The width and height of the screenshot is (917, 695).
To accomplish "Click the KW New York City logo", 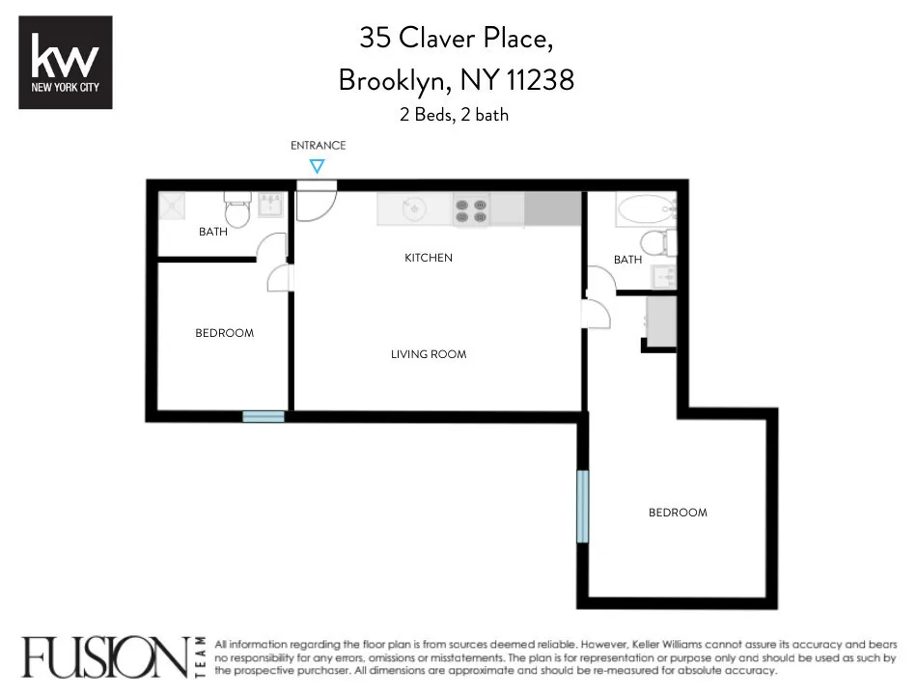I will pos(66,62).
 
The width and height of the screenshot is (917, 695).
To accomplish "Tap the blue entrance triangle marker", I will pos(317,166).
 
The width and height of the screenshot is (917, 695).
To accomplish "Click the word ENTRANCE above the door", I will pos(318,146).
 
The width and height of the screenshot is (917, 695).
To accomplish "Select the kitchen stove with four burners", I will pos(470,210).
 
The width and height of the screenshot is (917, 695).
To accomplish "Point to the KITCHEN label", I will pos(428,258).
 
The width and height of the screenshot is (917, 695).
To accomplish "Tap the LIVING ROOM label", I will pos(428,354).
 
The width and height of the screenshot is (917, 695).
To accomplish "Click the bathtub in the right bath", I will pos(644,208).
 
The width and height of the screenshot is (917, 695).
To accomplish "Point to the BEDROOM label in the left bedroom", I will pos(224,333).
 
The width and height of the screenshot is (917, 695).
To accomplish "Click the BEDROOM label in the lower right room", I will pos(677,513).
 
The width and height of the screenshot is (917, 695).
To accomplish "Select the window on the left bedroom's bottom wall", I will pos(264,416).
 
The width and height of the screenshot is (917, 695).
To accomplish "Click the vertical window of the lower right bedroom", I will pos(582,506).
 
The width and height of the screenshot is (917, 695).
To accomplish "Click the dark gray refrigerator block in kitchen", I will pos(553,209).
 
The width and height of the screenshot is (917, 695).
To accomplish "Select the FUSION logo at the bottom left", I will pos(106,656).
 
